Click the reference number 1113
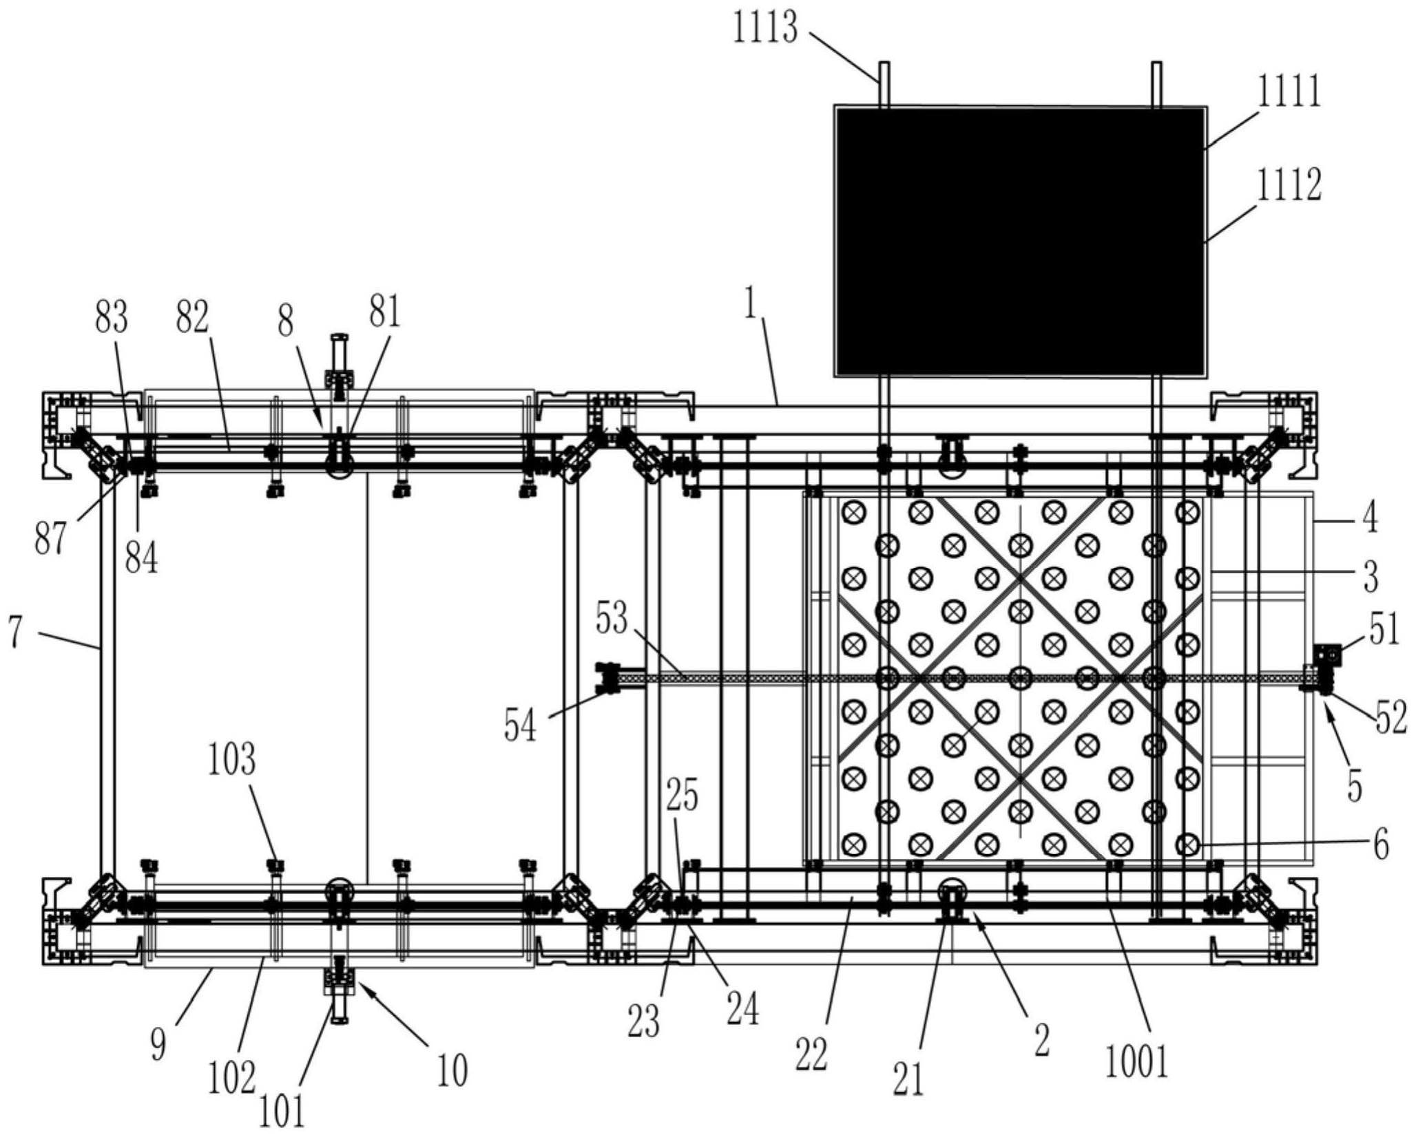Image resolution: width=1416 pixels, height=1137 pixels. tap(764, 30)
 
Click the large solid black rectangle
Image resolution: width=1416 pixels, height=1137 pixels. tap(1020, 242)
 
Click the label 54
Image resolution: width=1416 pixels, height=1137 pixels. tap(520, 726)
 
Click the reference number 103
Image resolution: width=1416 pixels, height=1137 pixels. tap(232, 761)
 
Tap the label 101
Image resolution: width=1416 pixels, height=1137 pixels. tap(282, 1112)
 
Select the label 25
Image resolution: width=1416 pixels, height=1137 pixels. tap(682, 796)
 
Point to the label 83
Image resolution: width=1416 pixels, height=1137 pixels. tap(112, 317)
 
